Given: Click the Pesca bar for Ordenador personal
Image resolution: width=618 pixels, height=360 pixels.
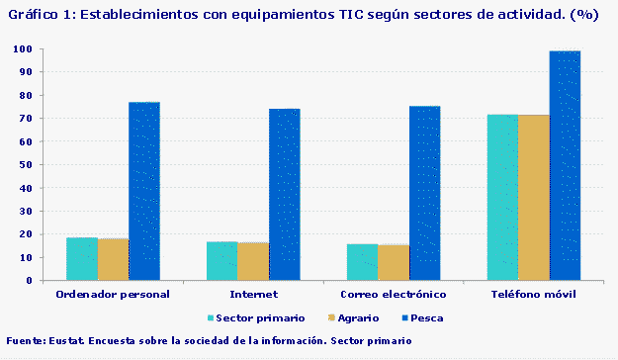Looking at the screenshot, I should pos(144,191).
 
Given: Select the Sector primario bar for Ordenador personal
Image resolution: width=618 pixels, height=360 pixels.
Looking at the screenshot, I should pos(82,259).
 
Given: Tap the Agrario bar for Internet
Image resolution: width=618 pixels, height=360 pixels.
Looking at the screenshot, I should pos(253,261).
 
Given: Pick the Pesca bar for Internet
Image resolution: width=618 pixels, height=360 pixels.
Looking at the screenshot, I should pos(285,194).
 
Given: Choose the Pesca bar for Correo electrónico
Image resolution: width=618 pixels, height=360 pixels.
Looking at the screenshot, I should pos(425,193).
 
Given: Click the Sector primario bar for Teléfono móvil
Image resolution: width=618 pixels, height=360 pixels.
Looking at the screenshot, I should pos(502,197).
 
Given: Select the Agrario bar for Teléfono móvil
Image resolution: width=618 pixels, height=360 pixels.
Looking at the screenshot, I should pos(534,197).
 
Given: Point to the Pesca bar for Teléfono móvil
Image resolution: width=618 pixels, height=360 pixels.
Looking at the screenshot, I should pos(565,165).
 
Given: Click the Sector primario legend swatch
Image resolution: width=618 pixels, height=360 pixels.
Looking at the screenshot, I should pos(211,318).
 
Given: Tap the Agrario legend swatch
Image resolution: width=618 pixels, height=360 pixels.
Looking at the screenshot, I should pos(328,318).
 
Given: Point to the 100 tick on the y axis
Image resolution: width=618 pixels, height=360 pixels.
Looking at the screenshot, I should pos(24,49).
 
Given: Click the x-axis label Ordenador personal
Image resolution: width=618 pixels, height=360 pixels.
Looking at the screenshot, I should pos(113,295).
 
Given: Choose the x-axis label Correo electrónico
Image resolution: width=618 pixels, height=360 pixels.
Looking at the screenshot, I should pos(394,295).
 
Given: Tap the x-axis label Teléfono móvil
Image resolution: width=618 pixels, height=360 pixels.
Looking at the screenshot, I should pos(534,295).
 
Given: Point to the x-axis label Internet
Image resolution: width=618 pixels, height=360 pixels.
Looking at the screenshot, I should pos(253,295).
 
